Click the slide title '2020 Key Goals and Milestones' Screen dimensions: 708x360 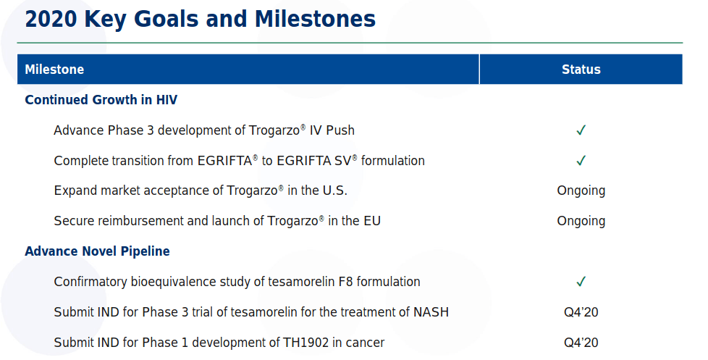point(200,20)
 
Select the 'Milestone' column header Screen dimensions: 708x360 point(54,69)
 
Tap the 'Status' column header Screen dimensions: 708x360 point(581,69)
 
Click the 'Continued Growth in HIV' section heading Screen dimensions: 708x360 point(101,99)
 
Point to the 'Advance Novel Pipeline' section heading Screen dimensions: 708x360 point(97,251)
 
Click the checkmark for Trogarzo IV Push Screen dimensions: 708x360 point(581,130)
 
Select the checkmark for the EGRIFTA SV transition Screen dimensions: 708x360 point(581,160)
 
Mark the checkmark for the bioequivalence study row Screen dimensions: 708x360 point(581,281)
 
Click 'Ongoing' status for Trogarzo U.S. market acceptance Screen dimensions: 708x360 point(581,191)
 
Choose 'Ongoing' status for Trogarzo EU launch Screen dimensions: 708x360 point(581,222)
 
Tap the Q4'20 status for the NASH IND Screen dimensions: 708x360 point(581,312)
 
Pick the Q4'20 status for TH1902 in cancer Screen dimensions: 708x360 point(581,343)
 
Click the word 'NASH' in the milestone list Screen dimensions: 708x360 point(431,312)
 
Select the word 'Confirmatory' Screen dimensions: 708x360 point(90,282)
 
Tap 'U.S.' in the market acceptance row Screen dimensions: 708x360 point(334,191)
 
